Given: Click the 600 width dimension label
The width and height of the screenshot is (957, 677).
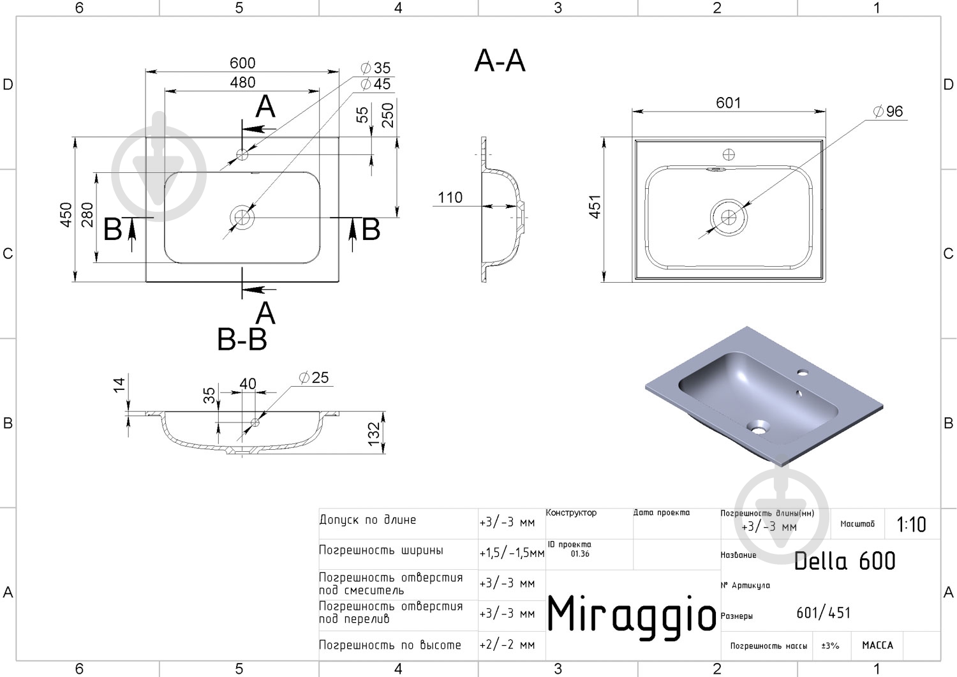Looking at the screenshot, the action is click(x=242, y=63).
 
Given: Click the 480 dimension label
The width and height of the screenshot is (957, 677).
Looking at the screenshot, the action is click(x=242, y=82).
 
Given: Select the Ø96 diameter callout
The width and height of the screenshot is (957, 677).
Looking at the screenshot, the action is click(x=888, y=111).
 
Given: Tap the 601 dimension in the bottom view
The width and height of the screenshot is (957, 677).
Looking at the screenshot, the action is click(x=729, y=103).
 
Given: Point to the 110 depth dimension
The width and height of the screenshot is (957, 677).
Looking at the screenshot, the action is click(x=450, y=197).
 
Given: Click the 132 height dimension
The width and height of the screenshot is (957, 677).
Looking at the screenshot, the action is click(x=374, y=434).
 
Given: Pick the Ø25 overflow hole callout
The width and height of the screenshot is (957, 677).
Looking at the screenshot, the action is click(x=314, y=377).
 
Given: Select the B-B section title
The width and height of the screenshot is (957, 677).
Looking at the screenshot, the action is click(x=242, y=339).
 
